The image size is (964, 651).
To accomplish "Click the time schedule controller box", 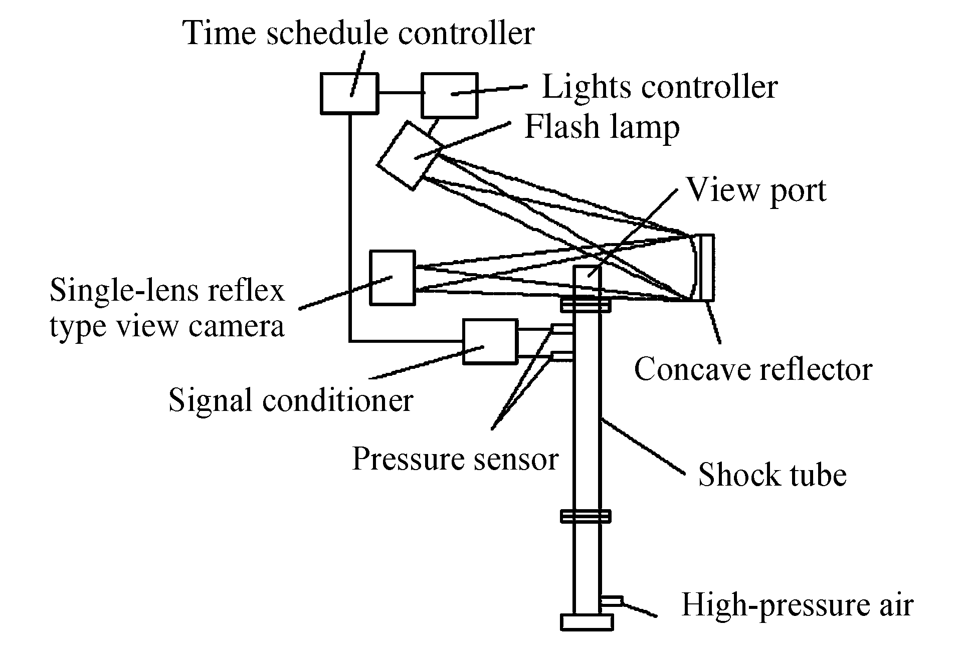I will coord(349,93).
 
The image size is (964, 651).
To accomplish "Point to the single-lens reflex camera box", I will coord(392,278).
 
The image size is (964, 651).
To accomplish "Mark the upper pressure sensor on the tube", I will coord(562,329).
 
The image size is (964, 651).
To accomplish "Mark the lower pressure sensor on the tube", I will coord(562,356).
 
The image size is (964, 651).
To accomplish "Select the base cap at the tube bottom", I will coord(587,622).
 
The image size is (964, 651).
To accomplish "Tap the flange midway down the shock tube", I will coord(586,516).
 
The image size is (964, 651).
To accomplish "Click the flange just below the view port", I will coord(586,304).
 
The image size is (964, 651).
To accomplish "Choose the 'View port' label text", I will coord(756,190).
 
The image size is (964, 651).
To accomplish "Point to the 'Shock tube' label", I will coord(772,474).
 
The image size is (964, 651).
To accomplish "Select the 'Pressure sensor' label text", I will coord(455,458).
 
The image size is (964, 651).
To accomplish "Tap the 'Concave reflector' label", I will coord(753,370).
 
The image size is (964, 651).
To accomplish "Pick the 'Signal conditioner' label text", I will coord(291,400).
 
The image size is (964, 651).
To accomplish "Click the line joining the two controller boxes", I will coord(400,93).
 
